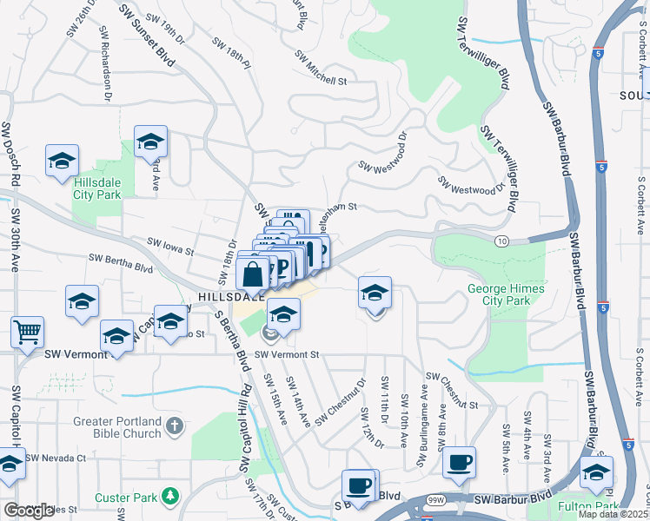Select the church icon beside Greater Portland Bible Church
[x=175, y=426]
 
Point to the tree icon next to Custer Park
[x=171, y=496]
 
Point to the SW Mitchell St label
[x=320, y=69]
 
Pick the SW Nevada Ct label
[x=56, y=458]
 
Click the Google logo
[x=30, y=510]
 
